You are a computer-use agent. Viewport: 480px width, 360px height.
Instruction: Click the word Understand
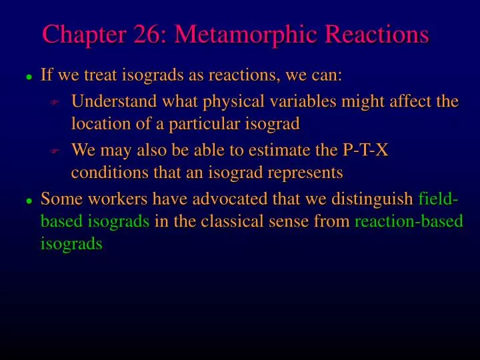coord(110,102)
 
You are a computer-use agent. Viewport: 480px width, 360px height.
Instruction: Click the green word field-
coord(439,199)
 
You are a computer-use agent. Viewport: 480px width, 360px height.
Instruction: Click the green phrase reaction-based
coord(409,221)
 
